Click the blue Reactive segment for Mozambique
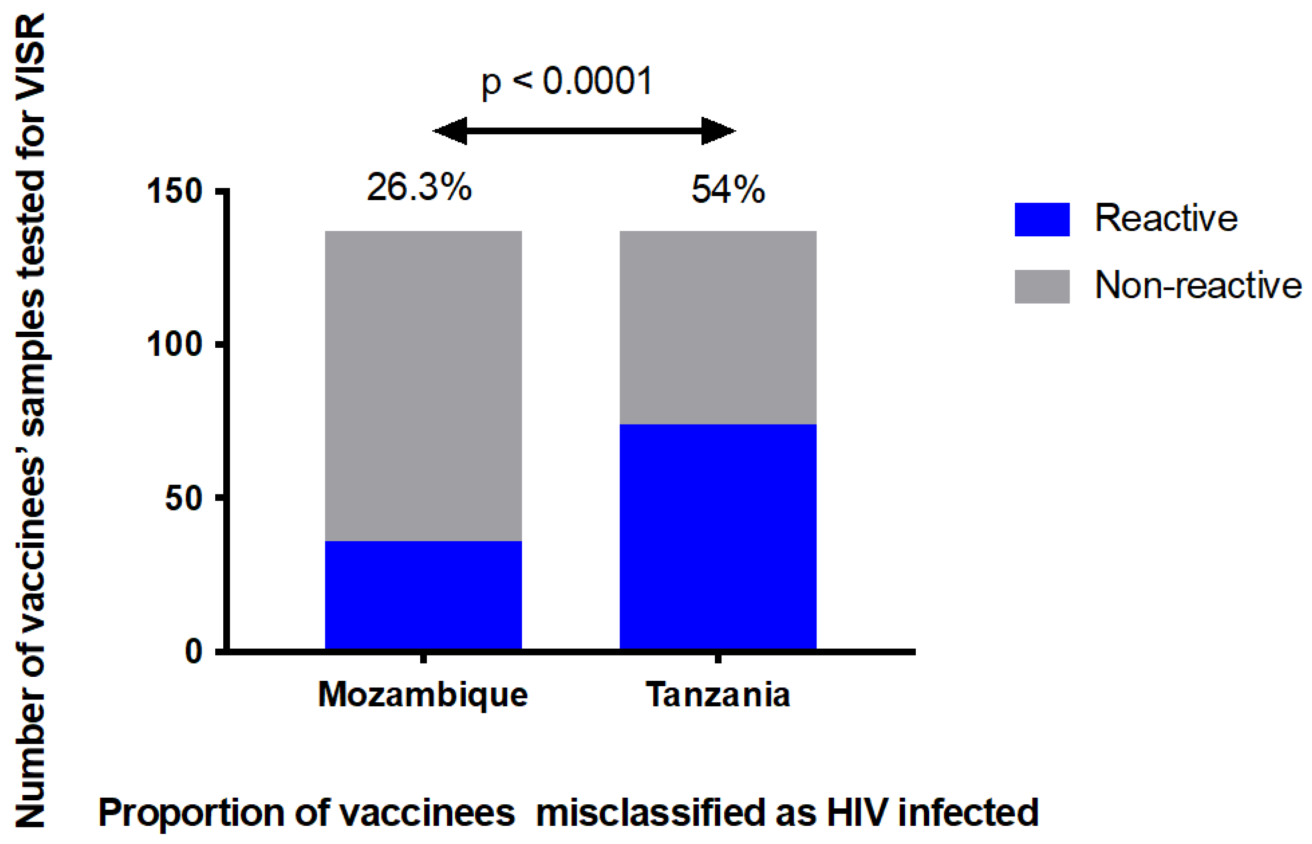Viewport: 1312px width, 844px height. pos(423,595)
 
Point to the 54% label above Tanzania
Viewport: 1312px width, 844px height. pos(727,189)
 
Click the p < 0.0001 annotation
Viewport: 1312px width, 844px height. pos(567,82)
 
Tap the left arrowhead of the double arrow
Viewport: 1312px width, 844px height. pos(450,131)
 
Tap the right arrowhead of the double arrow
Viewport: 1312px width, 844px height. pos(717,131)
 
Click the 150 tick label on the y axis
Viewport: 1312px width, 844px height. pos(174,192)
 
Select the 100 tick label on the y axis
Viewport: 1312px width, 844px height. pos(174,345)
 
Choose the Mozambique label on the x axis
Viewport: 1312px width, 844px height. pos(423,696)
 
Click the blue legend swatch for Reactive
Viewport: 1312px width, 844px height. pos(1041,219)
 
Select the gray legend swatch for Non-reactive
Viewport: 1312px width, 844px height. pos(1041,286)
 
